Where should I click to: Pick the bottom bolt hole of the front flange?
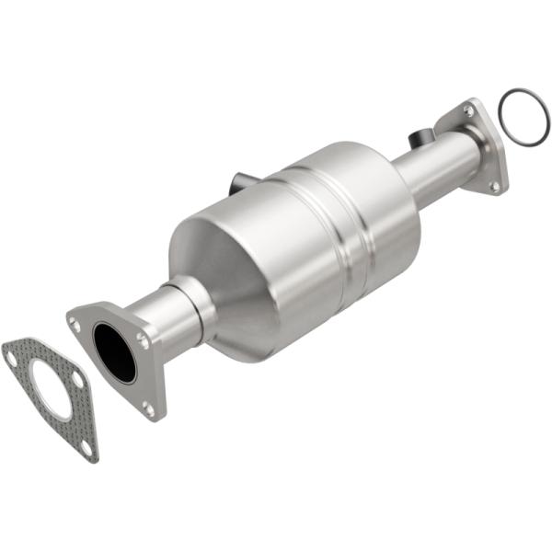click(149, 404)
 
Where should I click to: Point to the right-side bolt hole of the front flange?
click(143, 340)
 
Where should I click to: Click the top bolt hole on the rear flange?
click(469, 110)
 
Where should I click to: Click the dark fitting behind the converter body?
click(241, 178)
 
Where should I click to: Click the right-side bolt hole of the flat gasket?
click(77, 378)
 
